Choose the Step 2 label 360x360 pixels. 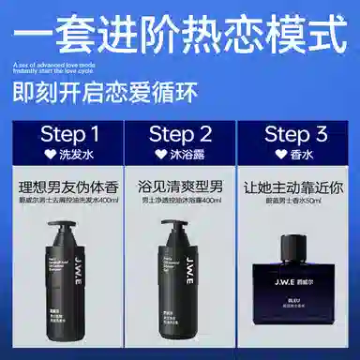[181, 132]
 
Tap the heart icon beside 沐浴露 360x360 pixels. [158, 152]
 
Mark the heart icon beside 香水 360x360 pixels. [278, 152]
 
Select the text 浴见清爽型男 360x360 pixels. [181, 185]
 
